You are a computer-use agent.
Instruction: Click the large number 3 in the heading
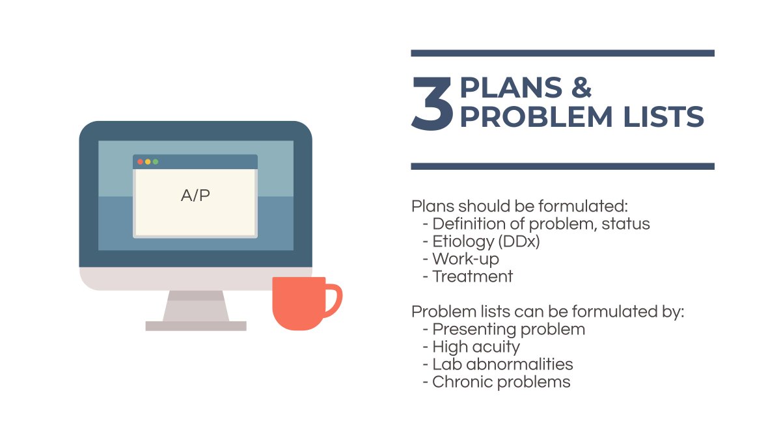[432, 103]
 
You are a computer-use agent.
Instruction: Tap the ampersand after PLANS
[581, 87]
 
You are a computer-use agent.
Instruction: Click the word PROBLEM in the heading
[536, 116]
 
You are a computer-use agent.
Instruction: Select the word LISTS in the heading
[663, 116]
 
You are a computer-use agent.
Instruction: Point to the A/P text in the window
[195, 195]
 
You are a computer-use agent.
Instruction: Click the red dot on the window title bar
[140, 161]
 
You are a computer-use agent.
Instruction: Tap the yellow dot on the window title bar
[148, 161]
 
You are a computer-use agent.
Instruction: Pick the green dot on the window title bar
[156, 161]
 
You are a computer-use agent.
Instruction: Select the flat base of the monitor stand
[196, 326]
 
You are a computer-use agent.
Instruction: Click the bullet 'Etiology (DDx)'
[481, 242]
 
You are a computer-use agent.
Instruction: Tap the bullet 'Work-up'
[461, 259]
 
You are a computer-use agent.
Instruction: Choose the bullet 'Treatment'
[467, 276]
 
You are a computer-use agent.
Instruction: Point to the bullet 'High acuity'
[471, 347]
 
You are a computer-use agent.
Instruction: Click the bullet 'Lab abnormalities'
[497, 364]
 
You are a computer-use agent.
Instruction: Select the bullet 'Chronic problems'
[497, 382]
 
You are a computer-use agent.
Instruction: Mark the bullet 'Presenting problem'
[504, 330]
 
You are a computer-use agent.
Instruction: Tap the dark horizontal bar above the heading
[563, 53]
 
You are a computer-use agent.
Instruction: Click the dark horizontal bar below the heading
[563, 166]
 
